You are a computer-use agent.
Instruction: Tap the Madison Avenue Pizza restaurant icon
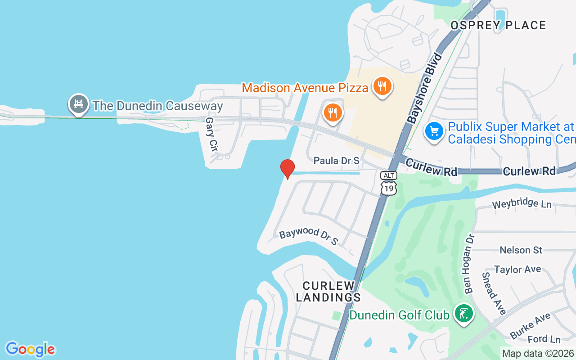382,86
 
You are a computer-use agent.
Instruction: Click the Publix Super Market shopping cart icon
434,132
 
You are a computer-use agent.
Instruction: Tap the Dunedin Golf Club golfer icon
463,313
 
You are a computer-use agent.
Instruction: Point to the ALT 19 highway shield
388,183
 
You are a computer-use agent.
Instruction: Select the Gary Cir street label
211,134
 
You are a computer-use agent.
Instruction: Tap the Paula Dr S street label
337,161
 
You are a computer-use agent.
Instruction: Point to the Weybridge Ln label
522,204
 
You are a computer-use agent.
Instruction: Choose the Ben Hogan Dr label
469,264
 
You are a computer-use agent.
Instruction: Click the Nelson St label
521,250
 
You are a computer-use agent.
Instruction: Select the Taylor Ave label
517,270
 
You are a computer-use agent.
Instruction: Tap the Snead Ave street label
494,293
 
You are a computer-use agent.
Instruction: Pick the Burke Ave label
531,326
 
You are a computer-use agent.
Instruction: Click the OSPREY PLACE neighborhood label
498,25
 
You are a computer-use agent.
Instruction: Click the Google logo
30,349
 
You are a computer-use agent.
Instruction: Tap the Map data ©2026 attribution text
538,354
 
